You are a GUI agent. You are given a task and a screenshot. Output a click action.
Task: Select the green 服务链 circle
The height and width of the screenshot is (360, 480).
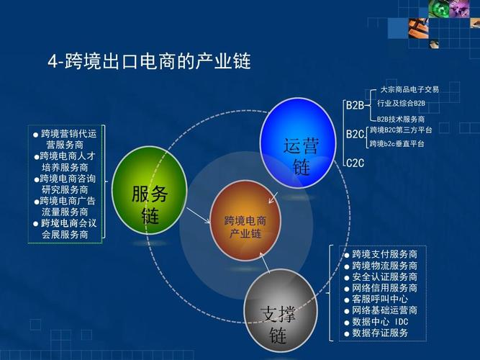150,190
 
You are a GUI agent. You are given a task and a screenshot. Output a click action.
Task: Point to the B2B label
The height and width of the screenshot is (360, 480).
355,105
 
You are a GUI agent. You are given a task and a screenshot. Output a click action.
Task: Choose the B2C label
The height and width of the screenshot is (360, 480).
355,134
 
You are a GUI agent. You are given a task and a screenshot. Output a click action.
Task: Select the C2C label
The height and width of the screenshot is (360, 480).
355,163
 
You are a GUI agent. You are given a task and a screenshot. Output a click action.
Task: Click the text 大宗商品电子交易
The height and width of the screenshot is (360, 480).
409,90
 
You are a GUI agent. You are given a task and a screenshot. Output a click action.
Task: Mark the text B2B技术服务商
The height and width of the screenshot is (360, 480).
401,119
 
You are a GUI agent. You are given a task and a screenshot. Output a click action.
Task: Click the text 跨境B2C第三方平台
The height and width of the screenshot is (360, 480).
401,130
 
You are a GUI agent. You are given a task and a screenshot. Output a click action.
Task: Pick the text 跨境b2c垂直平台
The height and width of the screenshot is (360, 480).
397,144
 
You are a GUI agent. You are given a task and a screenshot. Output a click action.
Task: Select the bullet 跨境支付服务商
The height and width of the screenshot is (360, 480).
384,255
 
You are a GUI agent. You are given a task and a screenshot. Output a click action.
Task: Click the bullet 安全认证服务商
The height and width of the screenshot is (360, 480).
384,277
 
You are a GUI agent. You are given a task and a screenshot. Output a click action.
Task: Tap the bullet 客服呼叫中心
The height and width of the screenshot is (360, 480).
380,300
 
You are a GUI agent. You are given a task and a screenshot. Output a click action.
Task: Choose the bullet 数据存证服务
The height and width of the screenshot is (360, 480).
380,333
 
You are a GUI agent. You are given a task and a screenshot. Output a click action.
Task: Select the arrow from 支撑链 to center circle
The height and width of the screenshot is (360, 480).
264,266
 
